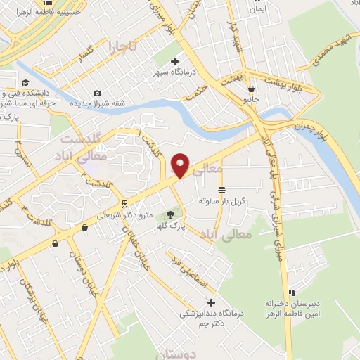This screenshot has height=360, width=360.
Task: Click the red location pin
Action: (181, 165)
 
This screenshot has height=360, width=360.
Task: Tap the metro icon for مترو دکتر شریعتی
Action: (124, 204)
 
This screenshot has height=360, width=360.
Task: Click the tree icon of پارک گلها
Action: (170, 214)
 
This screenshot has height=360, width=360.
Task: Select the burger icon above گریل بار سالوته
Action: (222, 191)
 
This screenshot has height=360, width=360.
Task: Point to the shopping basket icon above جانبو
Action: (252, 89)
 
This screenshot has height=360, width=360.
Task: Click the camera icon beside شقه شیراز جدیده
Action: (97, 93)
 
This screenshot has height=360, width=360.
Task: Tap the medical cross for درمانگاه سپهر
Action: (174, 61)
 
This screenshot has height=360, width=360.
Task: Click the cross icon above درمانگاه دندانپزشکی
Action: (211, 302)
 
